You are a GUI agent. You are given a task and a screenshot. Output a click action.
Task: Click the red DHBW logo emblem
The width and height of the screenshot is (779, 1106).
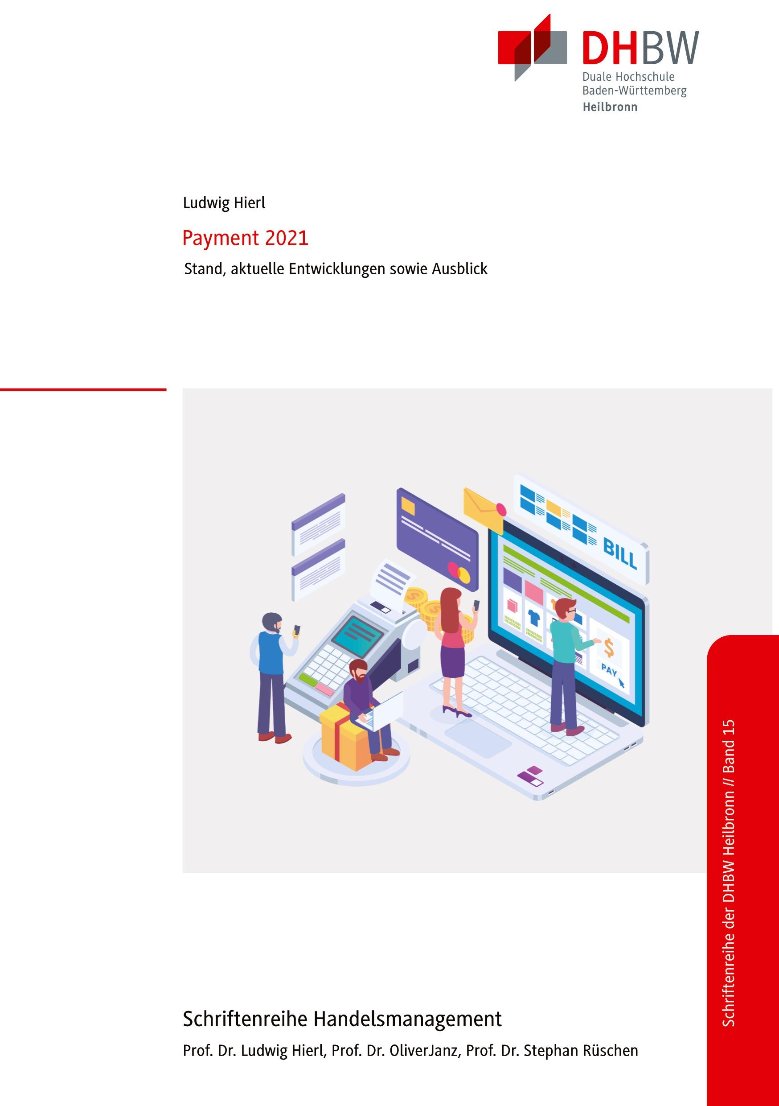click(532, 47)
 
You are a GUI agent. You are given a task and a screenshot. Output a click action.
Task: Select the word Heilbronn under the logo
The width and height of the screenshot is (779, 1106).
click(610, 107)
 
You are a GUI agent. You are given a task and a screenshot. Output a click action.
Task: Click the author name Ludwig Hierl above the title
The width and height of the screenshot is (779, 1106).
click(224, 203)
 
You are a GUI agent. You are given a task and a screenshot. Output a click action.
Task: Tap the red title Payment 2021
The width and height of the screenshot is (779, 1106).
click(245, 239)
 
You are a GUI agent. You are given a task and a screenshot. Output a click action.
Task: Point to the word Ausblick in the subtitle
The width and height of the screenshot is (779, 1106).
click(459, 269)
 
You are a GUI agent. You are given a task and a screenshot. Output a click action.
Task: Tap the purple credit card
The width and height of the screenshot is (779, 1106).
click(436, 539)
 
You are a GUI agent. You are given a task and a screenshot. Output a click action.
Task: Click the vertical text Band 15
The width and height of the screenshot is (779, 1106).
click(729, 749)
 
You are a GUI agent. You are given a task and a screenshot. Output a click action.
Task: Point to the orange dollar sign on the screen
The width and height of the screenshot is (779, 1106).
click(609, 648)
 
